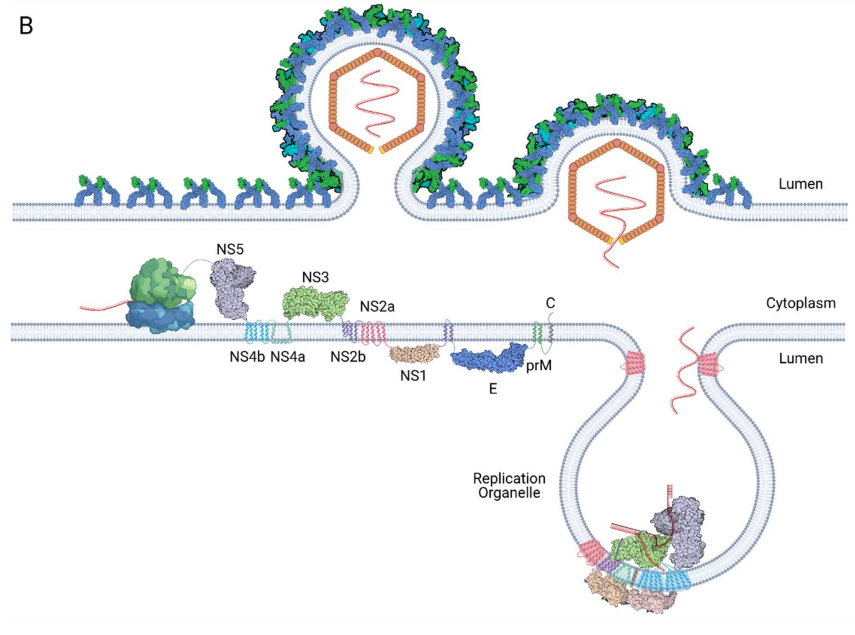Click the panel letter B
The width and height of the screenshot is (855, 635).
[26, 27]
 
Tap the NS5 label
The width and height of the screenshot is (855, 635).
[230, 249]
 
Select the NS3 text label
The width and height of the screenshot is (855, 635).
[315, 277]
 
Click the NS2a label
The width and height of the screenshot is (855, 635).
[377, 306]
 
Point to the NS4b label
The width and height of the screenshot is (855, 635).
[247, 357]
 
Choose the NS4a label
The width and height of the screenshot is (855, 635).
[288, 357]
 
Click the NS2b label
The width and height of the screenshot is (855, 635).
[348, 357]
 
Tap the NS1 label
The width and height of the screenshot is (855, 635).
[413, 376]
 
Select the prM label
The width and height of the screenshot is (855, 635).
[539, 366]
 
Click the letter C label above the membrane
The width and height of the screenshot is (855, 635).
[550, 303]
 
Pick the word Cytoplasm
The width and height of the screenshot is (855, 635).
[801, 303]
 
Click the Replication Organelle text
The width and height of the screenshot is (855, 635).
[509, 485]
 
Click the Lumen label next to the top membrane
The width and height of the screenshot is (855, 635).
[801, 184]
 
